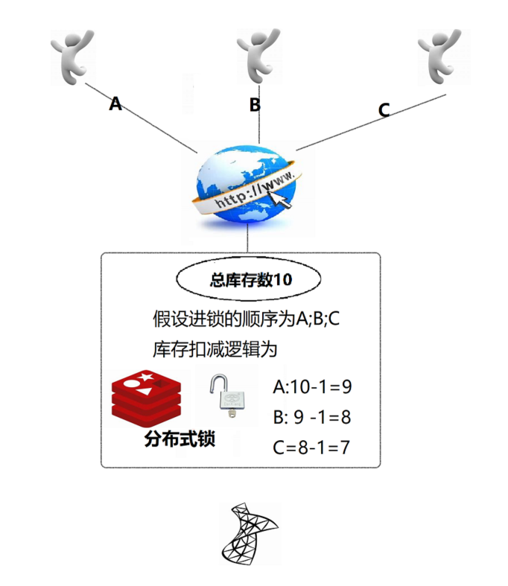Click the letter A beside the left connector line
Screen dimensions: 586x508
pyautogui.click(x=115, y=103)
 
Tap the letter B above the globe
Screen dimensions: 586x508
pyautogui.click(x=255, y=105)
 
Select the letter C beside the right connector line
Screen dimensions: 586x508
pyautogui.click(x=384, y=110)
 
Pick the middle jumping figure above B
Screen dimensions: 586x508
pyautogui.click(x=257, y=53)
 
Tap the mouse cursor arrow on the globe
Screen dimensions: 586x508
pyautogui.click(x=282, y=197)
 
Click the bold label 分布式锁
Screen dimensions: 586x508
pyautogui.click(x=179, y=439)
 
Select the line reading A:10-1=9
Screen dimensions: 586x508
pyautogui.click(x=312, y=387)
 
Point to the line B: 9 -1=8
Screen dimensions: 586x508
pyautogui.click(x=312, y=417)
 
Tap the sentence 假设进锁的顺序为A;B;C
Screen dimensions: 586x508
pyautogui.click(x=246, y=319)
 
